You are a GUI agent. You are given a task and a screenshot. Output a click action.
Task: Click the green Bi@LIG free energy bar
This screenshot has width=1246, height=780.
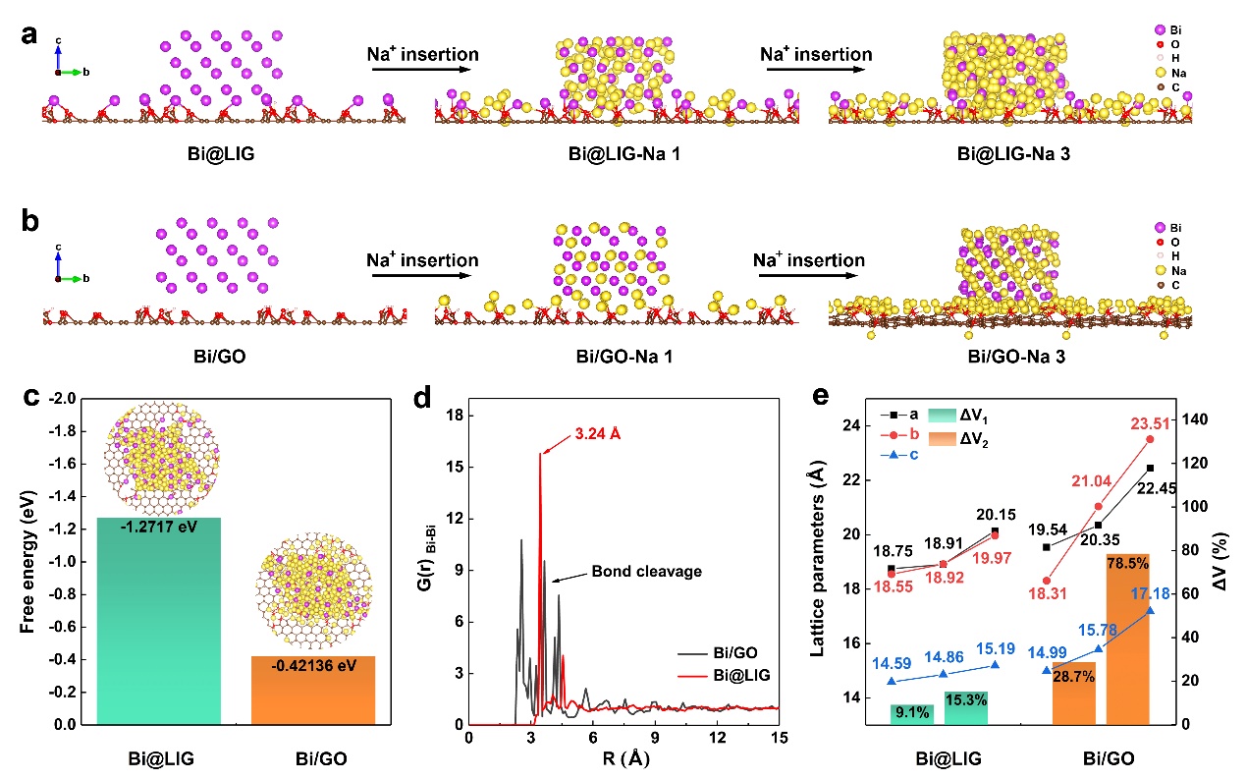coord(159,619)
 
